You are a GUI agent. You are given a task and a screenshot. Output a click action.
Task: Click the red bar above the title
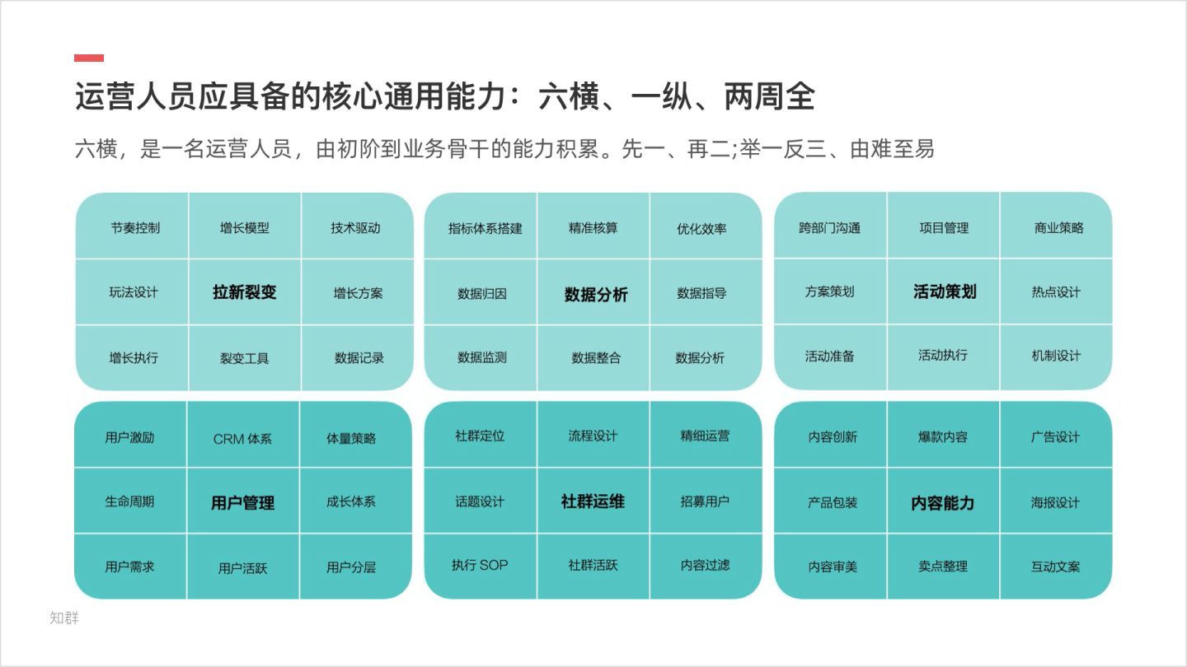89,58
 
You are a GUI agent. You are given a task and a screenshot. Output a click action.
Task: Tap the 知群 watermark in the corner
64,618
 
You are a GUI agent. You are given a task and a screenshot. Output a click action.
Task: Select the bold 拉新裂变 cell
244,292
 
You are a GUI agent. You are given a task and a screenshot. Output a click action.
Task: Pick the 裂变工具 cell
244,358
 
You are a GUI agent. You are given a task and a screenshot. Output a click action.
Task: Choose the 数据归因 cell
481,294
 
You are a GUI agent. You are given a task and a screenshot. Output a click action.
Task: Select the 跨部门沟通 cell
829,228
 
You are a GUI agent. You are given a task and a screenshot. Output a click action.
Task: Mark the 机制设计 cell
1056,356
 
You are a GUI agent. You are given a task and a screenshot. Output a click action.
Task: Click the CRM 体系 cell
242,439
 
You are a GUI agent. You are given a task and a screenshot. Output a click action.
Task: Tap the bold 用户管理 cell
242,502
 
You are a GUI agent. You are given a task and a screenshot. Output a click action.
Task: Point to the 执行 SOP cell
480,566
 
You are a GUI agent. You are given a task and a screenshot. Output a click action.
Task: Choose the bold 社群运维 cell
593,501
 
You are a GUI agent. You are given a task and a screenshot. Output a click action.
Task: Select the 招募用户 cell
705,501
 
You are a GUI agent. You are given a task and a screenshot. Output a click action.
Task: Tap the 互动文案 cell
1055,567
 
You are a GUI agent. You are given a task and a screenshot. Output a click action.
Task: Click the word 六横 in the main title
569,96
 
